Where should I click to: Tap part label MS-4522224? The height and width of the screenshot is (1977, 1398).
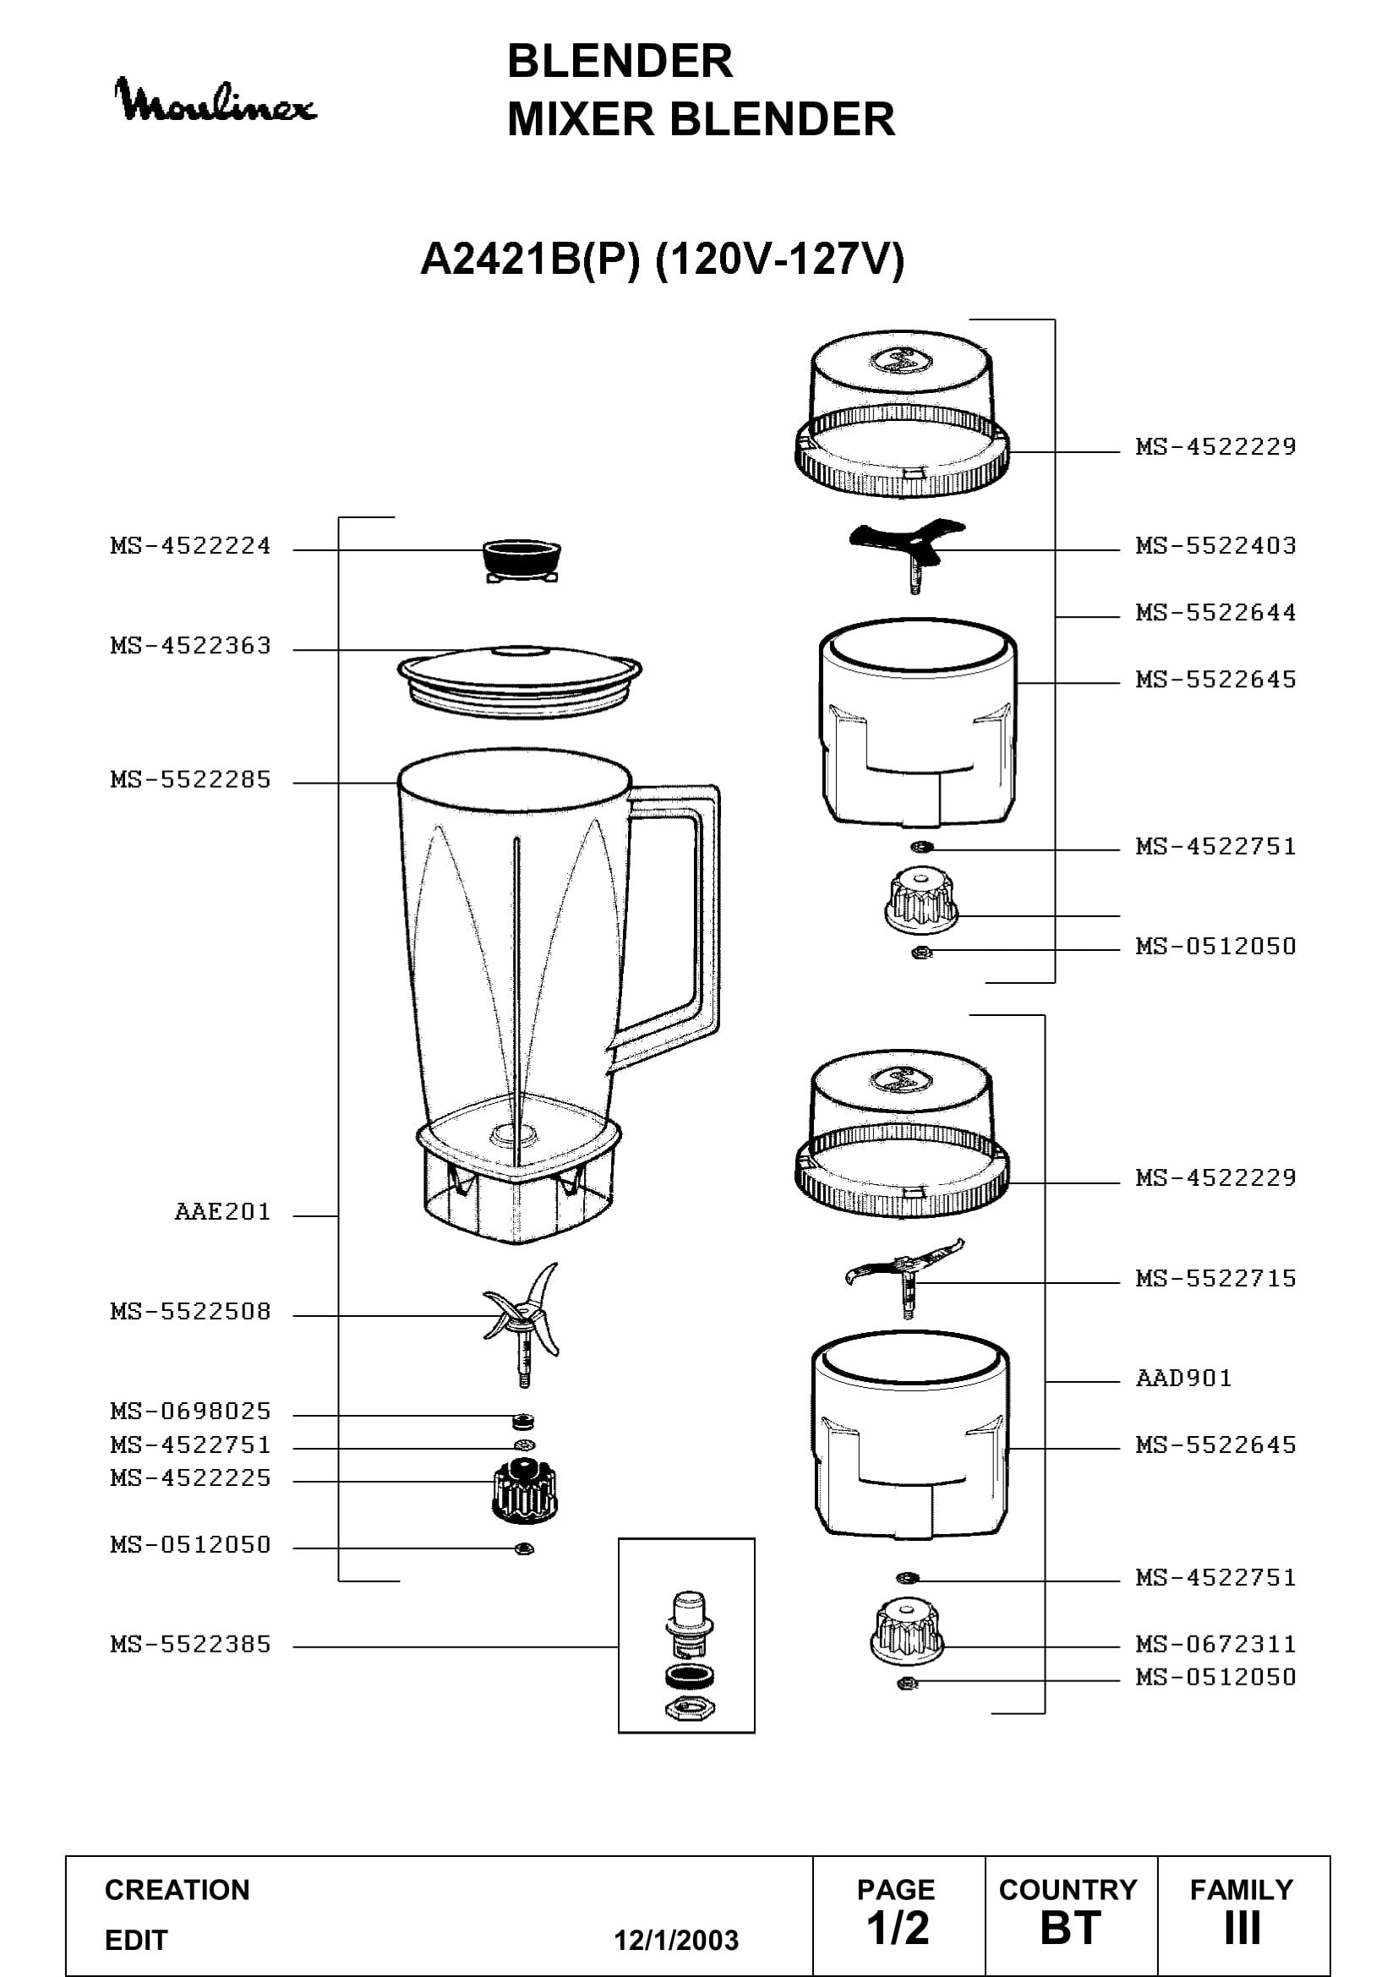click(x=190, y=546)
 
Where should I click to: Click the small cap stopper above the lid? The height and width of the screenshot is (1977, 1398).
click(x=522, y=561)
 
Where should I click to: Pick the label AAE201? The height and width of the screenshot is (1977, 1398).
click(x=223, y=1212)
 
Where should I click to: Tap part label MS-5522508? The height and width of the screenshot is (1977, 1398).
click(x=190, y=1312)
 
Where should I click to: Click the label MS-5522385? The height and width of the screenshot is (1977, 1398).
click(x=190, y=1645)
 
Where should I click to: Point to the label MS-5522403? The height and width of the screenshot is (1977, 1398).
click(x=1215, y=546)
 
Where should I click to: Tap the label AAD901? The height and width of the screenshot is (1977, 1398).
click(x=1183, y=1379)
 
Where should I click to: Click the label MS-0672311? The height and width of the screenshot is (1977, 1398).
click(x=1215, y=1645)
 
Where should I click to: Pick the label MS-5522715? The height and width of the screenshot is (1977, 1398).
click(x=1215, y=1279)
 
